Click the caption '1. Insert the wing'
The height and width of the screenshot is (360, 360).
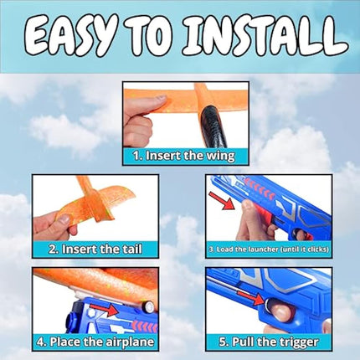click(x=179, y=155)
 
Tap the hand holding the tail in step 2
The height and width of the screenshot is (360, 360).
click(x=54, y=224)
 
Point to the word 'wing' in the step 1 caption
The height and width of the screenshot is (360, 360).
click(x=217, y=156)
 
